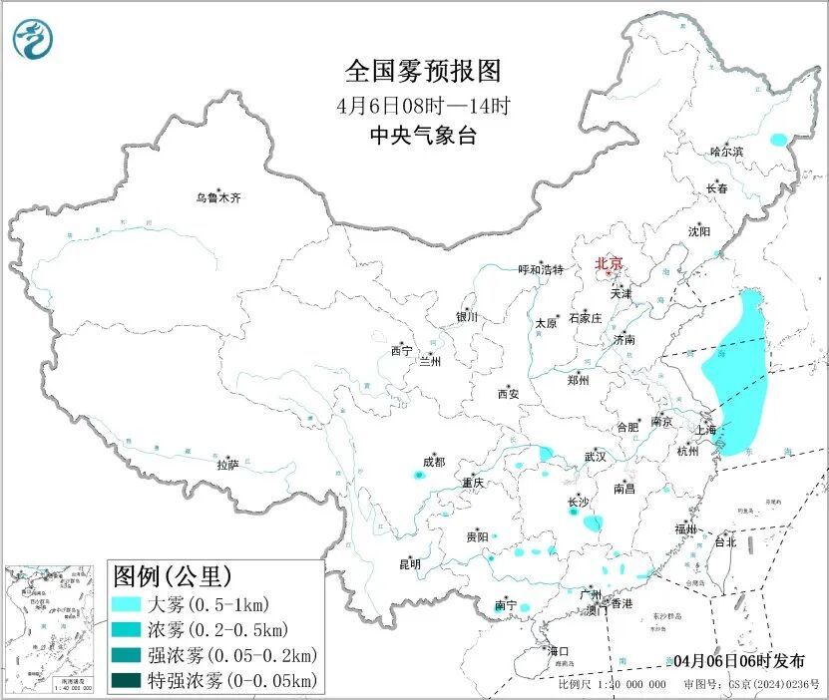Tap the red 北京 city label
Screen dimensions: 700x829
[609, 263]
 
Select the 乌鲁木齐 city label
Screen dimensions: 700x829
[217, 198]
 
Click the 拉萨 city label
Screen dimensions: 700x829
[227, 465]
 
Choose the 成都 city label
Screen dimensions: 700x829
[433, 462]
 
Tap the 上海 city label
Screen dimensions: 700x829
[706, 430]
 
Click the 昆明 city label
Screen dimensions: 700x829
[409, 564]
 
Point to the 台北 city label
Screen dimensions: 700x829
[724, 542]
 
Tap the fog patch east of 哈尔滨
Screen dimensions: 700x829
[778, 140]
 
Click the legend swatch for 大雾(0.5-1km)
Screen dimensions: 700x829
[125, 604]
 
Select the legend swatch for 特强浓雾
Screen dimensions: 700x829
[125, 680]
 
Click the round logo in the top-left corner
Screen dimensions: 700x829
[33, 39]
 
